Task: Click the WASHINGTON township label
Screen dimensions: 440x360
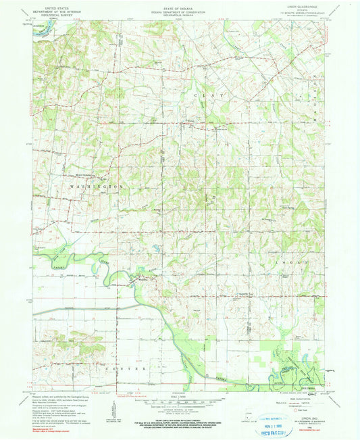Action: (x=98, y=186)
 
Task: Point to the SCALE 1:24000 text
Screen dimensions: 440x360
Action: (x=180, y=395)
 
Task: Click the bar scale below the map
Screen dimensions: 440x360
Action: (x=180, y=401)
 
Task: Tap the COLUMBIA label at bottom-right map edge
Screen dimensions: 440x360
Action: (x=317, y=388)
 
